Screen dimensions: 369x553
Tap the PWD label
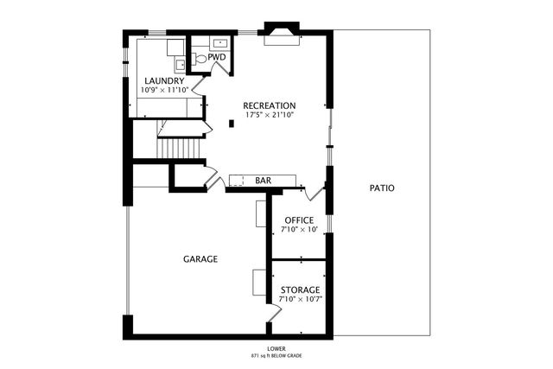[217, 58]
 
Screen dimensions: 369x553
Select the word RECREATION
[269, 106]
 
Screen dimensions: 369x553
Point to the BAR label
[264, 181]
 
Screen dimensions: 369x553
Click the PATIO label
[382, 188]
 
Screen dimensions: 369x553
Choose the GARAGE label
[200, 258]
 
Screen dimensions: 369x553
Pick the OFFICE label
[299, 220]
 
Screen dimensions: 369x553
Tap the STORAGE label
[300, 290]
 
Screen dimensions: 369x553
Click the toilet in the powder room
[200, 59]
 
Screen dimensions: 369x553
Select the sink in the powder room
[219, 41]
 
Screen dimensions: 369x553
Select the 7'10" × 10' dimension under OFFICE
[299, 230]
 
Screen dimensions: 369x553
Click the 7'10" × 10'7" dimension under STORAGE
[300, 300]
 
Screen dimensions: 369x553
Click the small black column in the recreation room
[231, 124]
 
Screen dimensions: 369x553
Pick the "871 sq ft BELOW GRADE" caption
[276, 355]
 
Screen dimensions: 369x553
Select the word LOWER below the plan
[276, 348]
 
